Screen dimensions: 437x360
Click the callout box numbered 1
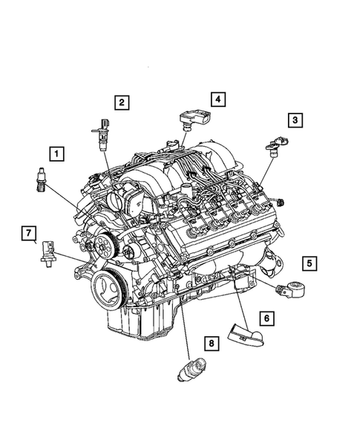(55, 154)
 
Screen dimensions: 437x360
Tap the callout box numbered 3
(295, 119)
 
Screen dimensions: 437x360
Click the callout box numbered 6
(267, 318)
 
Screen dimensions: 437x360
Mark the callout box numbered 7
(28, 235)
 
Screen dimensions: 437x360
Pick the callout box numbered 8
(210, 343)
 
